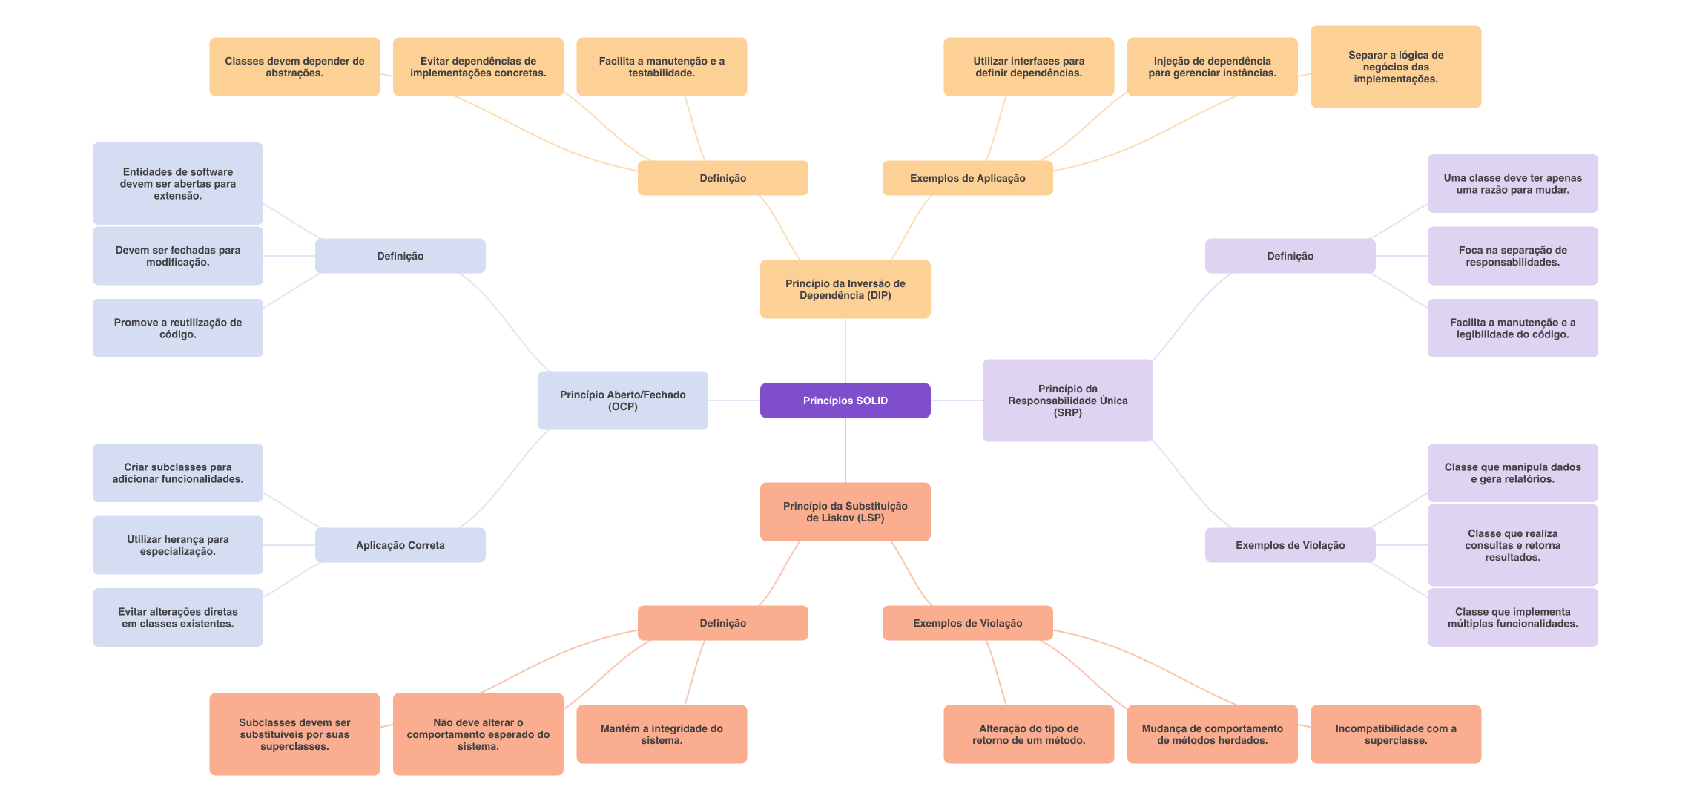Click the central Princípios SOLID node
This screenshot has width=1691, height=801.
point(845,400)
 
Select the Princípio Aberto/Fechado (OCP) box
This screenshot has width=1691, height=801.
point(622,400)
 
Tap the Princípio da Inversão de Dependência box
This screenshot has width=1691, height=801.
point(845,289)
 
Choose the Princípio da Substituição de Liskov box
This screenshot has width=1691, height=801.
point(845,512)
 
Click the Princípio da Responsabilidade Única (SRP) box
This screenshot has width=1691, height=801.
point(1067,400)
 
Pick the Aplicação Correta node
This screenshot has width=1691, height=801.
point(400,545)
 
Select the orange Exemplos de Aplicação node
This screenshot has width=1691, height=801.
point(967,178)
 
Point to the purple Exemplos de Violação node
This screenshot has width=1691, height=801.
point(1290,545)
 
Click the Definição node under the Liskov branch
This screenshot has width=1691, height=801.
point(722,623)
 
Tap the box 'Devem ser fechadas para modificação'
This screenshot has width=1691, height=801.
point(177,256)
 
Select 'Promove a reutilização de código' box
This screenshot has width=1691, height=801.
point(177,329)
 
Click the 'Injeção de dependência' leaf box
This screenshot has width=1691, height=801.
point(1212,67)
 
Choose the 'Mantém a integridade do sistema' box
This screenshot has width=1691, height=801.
point(662,734)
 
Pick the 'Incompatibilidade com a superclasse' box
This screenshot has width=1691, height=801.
point(1396,734)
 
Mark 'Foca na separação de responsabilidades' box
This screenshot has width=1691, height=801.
point(1512,256)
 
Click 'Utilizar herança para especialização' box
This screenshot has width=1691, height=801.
point(177,545)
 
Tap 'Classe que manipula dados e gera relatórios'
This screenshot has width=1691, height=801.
point(1512,473)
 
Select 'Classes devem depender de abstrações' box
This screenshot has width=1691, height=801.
point(294,67)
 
